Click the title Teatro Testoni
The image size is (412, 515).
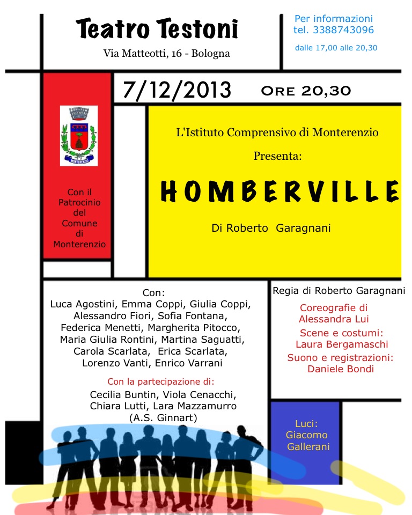pos(157,29)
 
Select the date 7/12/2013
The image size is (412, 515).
pos(176,90)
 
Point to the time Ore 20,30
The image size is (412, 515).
pos(306,90)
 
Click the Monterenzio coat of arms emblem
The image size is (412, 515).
pos(79,135)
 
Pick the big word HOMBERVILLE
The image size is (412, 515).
pos(279,192)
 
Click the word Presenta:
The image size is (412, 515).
pos(277,157)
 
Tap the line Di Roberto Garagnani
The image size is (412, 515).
pos(271,228)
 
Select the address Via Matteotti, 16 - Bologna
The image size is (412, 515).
pos(167,54)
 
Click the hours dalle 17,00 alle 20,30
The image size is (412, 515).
pos(336,48)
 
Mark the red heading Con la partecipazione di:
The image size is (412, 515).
pos(160,382)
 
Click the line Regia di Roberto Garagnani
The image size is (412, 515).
pos(339,291)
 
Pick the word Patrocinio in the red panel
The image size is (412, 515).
pos(79,202)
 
